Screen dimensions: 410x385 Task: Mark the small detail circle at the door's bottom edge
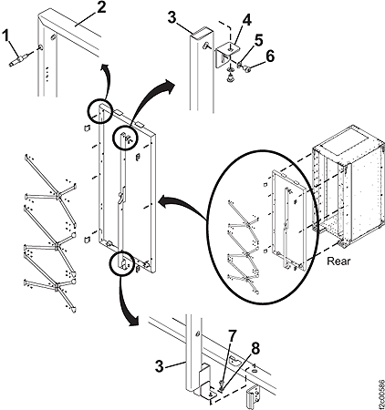(x=120, y=263)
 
